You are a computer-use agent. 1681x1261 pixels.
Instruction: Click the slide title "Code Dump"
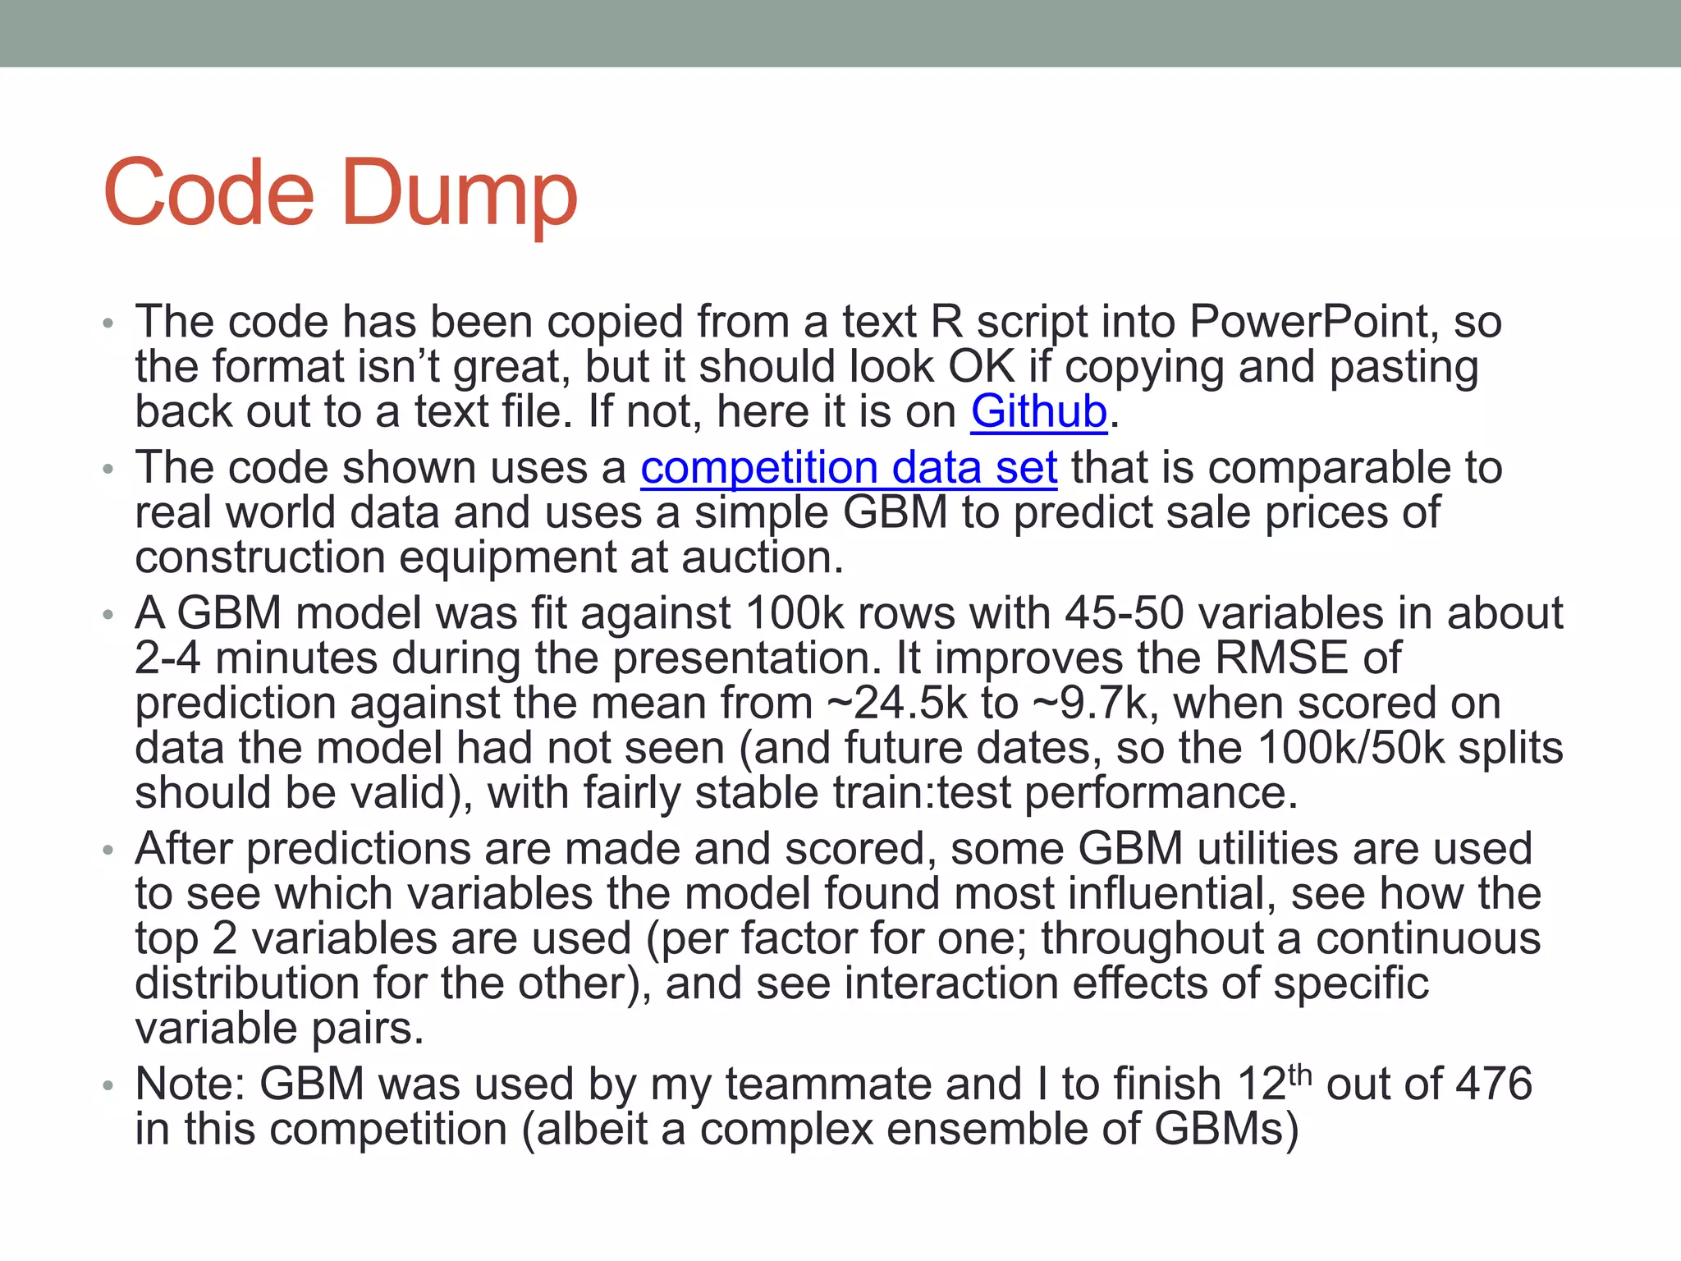click(x=341, y=194)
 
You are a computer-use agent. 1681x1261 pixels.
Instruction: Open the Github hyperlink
click(x=1038, y=411)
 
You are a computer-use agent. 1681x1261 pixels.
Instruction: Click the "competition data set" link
click(x=849, y=468)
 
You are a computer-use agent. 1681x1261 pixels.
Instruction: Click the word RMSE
click(x=1280, y=658)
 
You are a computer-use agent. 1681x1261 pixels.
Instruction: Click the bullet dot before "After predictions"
click(x=108, y=851)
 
